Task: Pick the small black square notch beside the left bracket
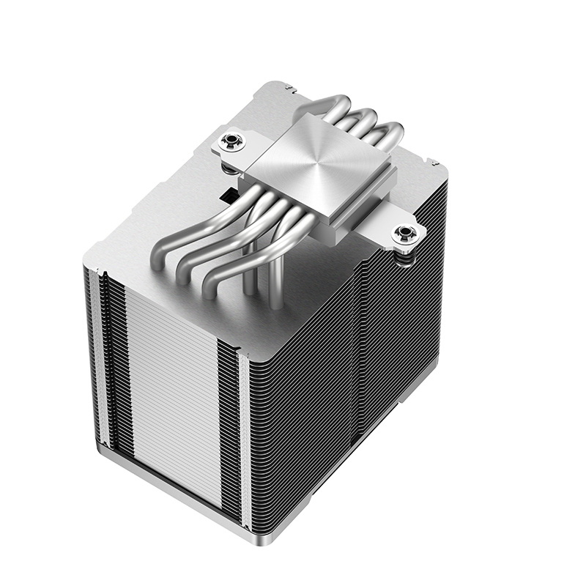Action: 227,196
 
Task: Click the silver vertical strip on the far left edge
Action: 103,359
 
